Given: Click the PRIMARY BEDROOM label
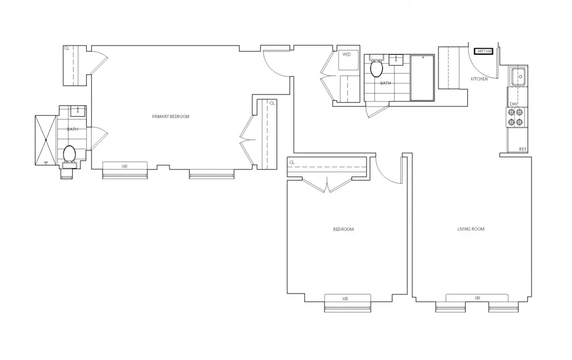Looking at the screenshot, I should point(171,117).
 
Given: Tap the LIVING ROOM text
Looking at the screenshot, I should point(471,229).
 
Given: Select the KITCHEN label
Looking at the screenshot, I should point(479,79).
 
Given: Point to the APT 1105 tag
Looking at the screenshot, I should point(483,51).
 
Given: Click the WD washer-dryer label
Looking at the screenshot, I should point(347,54).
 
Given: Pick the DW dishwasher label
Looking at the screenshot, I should point(513,104).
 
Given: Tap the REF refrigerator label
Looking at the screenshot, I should point(523,149).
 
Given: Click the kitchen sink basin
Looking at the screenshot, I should point(518,75).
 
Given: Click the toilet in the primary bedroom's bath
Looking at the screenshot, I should point(70,154).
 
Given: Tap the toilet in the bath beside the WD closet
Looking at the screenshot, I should point(376,69).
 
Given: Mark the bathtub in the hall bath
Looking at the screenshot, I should point(422,78).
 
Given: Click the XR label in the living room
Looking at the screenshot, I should point(478,298).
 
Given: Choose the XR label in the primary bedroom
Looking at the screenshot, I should point(124,166).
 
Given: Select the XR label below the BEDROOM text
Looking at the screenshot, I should point(345,299).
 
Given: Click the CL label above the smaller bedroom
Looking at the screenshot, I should point(292,163).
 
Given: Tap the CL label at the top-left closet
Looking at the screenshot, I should point(67,48).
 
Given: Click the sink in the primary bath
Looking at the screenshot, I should point(78,111).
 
